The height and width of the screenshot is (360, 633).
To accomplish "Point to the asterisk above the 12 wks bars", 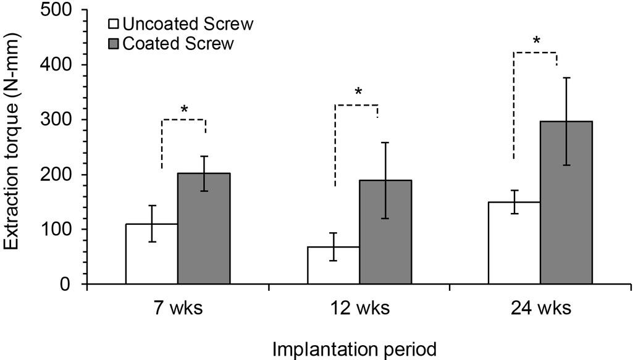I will (358, 93).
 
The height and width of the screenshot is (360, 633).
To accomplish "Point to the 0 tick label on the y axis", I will (64, 285).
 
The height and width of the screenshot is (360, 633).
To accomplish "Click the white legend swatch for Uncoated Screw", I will (114, 25).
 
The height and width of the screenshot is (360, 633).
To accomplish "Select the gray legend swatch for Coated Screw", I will (114, 43).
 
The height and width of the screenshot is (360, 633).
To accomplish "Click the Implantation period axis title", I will (355, 349).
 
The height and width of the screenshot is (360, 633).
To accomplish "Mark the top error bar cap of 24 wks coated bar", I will (566, 77).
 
